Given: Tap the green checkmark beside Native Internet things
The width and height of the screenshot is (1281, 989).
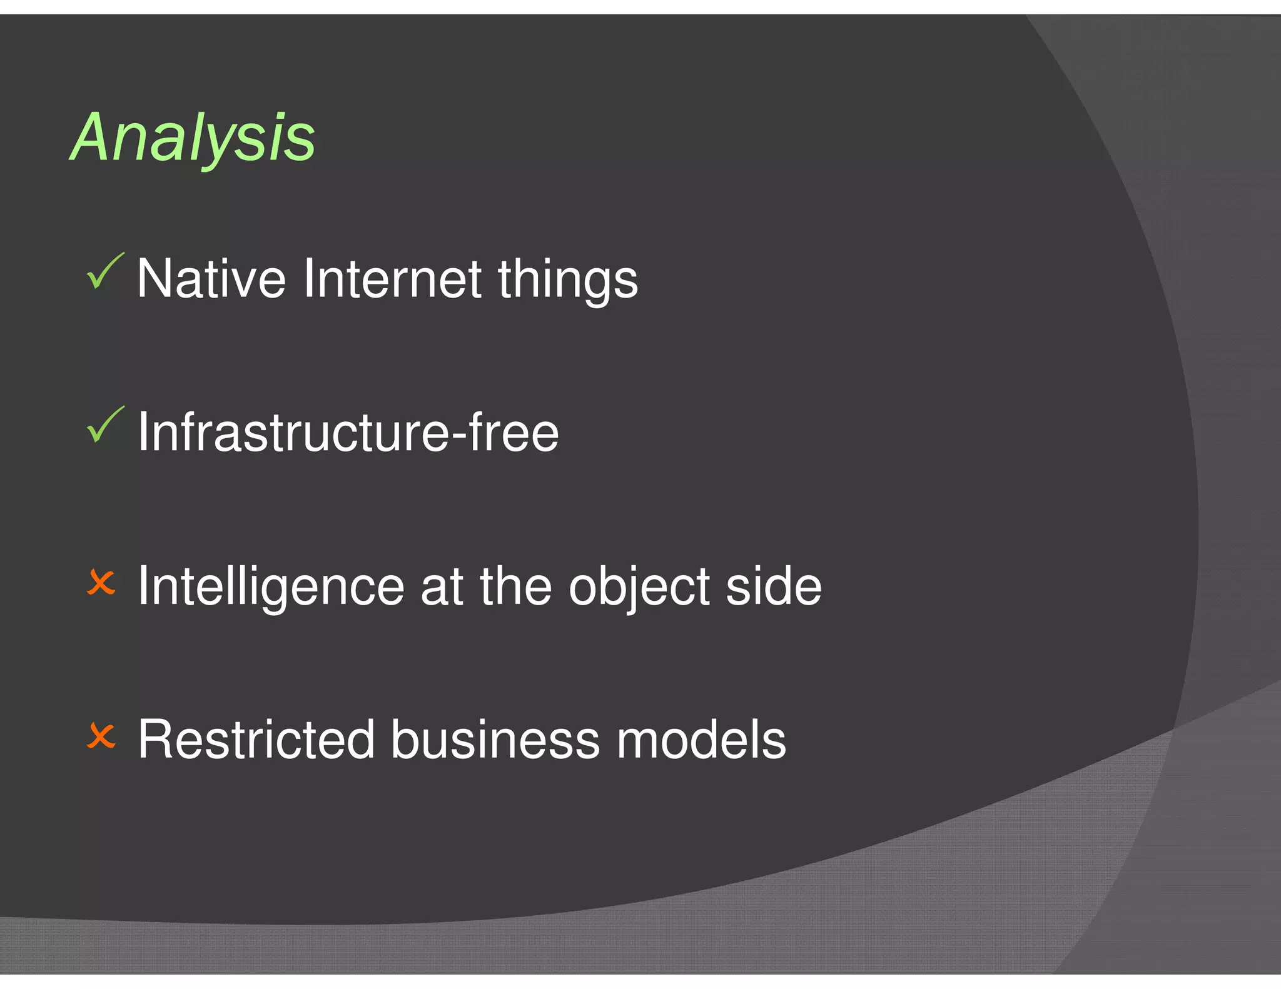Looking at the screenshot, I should pos(104,273).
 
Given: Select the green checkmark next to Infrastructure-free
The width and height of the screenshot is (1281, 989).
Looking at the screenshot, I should pos(104,426).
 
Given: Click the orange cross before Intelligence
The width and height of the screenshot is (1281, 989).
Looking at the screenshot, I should pos(101,583).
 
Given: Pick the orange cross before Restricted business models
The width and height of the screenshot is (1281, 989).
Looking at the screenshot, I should pos(101,736).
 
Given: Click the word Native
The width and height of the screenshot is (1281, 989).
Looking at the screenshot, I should pos(211,279).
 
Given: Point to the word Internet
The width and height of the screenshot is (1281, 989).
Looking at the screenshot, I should pos(392,279).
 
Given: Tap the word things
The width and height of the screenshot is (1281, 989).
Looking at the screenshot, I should pos(567,280).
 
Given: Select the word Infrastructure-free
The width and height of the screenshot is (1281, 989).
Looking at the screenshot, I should pos(348,432).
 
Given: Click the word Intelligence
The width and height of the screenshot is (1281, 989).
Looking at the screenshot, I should pos(271,586).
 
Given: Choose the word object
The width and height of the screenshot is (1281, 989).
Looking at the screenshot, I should pos(639,586).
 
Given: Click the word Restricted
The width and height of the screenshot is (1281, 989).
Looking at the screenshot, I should pos(256,740).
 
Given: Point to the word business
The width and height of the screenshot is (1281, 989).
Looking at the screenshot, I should pos(495,740).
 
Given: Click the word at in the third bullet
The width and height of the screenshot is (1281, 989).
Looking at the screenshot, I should pos(442,586).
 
